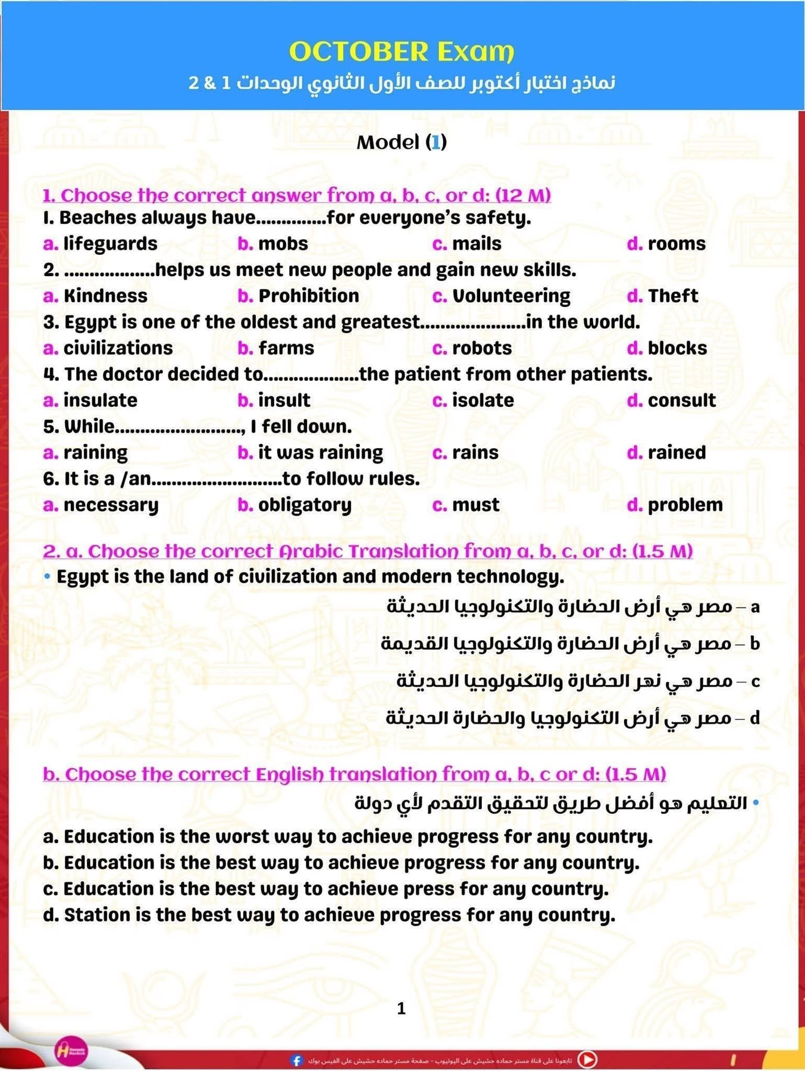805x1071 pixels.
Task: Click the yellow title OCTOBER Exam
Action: [x=402, y=52]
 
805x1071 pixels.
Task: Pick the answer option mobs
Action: [x=283, y=244]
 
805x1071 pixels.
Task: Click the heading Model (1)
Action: [x=402, y=142]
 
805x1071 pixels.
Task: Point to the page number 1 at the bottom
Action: [x=402, y=1008]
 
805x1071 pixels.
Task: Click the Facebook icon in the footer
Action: [x=296, y=1060]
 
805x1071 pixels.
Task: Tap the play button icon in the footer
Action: [x=588, y=1059]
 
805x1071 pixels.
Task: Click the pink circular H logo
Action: [x=71, y=1051]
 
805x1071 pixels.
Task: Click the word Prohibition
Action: [x=308, y=296]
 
